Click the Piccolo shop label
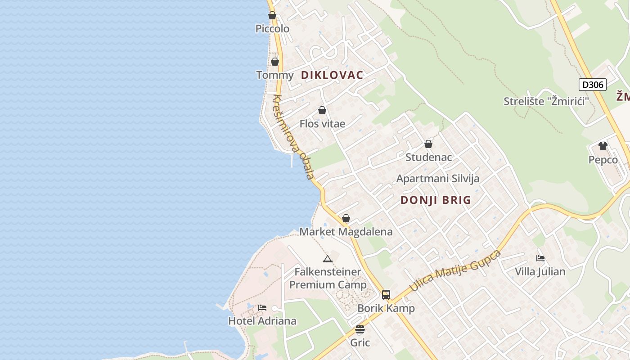(272, 29)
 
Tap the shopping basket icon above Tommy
(275, 62)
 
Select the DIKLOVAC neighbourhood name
(332, 75)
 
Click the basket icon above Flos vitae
(322, 110)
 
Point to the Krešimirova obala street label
(293, 137)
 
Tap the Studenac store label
(428, 157)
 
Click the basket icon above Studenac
(428, 144)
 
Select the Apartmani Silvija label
(437, 179)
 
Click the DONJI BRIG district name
(436, 200)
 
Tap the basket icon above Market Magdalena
(346, 218)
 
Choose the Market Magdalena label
(346, 232)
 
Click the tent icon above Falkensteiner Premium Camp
(327, 259)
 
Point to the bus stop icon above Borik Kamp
(386, 295)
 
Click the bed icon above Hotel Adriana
(262, 308)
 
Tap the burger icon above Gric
(360, 329)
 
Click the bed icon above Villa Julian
(540, 258)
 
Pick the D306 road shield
(592, 85)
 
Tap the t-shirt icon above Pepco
(603, 146)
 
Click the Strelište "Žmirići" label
(546, 101)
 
